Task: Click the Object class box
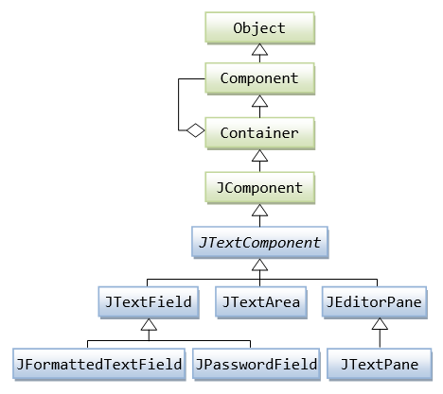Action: (x=259, y=27)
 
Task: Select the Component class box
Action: (x=259, y=79)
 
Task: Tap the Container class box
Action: (x=259, y=132)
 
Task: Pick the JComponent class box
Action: (x=259, y=187)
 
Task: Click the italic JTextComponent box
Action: (x=259, y=242)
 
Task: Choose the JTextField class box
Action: (x=146, y=302)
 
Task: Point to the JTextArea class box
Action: (x=260, y=302)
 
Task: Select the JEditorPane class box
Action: (x=376, y=302)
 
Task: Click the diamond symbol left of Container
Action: (x=194, y=132)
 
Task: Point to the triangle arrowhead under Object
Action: (x=259, y=53)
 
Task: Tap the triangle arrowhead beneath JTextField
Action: (x=146, y=325)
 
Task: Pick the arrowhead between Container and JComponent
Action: (x=259, y=157)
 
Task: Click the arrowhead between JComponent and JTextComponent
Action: (x=259, y=212)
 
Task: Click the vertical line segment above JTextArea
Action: (x=260, y=283)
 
